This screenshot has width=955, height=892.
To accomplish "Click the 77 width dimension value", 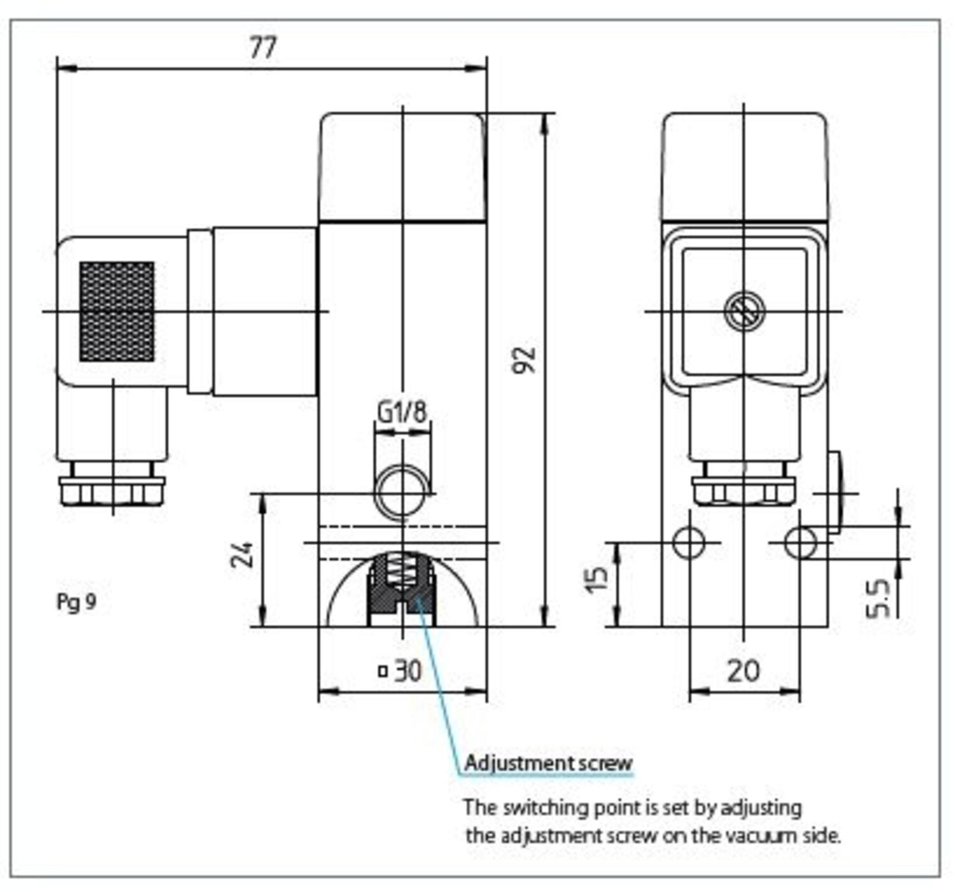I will point(262,47).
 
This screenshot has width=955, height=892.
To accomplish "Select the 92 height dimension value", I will point(526,360).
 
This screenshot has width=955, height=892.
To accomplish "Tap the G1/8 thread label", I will point(402,412).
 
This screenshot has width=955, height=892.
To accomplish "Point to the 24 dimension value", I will point(242,555).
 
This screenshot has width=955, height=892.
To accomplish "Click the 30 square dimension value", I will point(407,670).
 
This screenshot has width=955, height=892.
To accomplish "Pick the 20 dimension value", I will point(743,670).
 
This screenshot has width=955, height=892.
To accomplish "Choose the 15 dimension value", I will point(597,578).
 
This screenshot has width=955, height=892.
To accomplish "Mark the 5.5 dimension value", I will point(879,598).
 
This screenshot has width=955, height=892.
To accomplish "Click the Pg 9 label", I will point(76,602).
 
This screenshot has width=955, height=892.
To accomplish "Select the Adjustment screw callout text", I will point(548,763).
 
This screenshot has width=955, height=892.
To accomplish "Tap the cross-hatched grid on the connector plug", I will point(117,311).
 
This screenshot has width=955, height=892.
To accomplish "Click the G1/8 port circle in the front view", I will point(402,492).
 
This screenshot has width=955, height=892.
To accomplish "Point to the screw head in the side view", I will point(744,311).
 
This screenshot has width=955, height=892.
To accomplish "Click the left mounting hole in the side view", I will point(689,542).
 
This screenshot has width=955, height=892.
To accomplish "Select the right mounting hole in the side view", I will point(800,542).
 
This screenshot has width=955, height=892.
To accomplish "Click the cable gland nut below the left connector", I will point(112,491).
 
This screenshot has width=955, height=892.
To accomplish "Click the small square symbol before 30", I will point(383,670).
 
